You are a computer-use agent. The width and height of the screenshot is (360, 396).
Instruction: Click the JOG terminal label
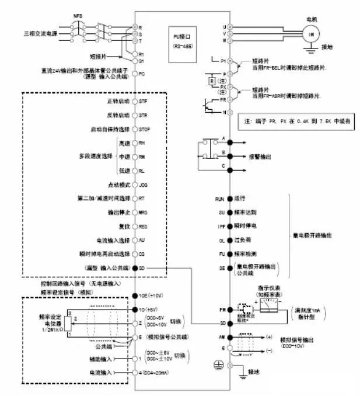click(144, 184)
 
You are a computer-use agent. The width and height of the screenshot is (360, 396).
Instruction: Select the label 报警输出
click(260, 157)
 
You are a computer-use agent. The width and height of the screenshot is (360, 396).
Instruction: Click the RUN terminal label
click(221, 199)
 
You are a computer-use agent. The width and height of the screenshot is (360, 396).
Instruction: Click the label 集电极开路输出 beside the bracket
click(312, 235)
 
